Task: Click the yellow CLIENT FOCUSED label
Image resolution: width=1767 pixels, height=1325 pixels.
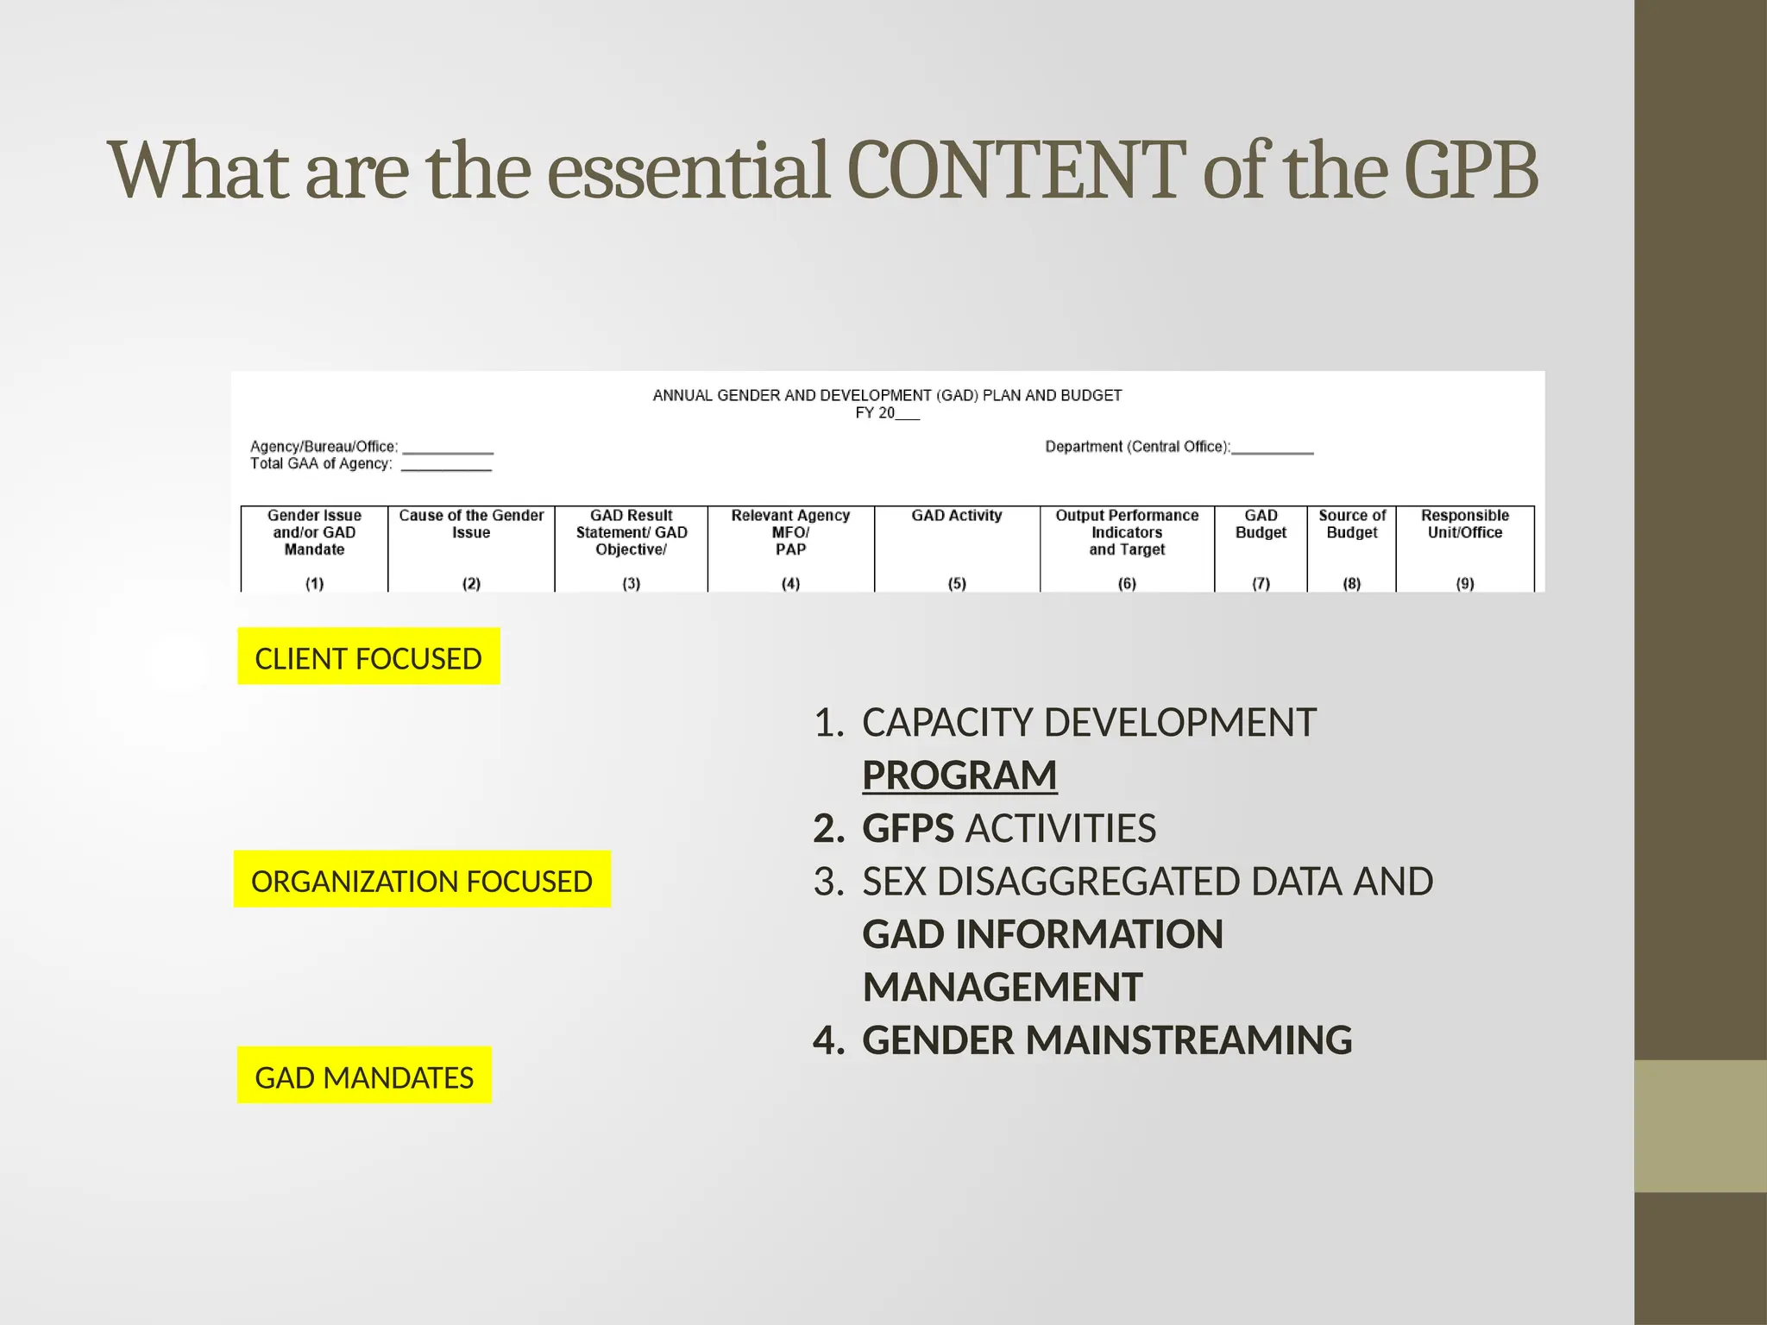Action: pyautogui.click(x=368, y=657)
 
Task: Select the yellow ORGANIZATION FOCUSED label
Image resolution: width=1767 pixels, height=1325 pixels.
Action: pyautogui.click(x=422, y=880)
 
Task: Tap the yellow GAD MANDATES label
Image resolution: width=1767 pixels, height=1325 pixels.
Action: pyautogui.click(x=364, y=1076)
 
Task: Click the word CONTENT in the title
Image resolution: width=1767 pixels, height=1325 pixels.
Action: pyautogui.click(x=1016, y=170)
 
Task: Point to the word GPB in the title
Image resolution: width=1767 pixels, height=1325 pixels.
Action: pyautogui.click(x=1470, y=170)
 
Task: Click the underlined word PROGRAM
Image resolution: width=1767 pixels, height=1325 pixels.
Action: pyautogui.click(x=959, y=775)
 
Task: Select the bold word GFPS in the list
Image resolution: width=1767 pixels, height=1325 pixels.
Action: pyautogui.click(x=908, y=828)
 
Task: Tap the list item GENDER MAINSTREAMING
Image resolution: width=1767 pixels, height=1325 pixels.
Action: pyautogui.click(x=1106, y=1039)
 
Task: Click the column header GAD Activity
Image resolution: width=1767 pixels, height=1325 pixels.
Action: pyautogui.click(x=957, y=516)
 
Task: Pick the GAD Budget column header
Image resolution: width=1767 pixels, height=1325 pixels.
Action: pyautogui.click(x=1261, y=524)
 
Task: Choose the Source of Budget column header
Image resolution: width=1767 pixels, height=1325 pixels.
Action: pyautogui.click(x=1352, y=524)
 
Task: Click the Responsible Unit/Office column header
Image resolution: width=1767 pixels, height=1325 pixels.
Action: pyautogui.click(x=1465, y=524)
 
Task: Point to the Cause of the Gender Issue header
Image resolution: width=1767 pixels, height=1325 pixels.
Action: pyautogui.click(x=471, y=524)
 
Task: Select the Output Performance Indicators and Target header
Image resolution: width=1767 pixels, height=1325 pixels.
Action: pyautogui.click(x=1127, y=532)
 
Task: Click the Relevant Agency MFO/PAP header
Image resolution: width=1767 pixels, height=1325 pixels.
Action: pyautogui.click(x=790, y=532)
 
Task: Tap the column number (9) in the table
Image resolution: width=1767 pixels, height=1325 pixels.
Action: pyautogui.click(x=1465, y=583)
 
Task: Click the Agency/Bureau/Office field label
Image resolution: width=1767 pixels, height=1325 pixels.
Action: pyautogui.click(x=324, y=447)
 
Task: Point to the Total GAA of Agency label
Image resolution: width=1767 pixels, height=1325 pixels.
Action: pyautogui.click(x=321, y=463)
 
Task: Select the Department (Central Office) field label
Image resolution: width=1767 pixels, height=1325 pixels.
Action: pyautogui.click(x=1138, y=447)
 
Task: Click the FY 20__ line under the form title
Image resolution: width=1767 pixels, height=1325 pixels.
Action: pyautogui.click(x=887, y=413)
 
